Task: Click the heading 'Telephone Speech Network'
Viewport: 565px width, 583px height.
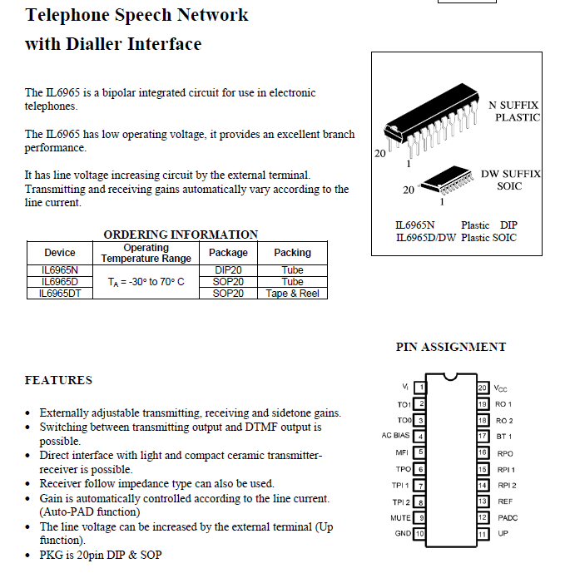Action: point(136,15)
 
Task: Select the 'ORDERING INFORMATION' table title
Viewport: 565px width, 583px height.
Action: point(181,235)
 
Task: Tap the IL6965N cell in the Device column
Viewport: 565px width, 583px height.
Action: point(59,270)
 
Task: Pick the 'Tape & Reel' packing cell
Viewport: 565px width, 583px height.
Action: point(292,294)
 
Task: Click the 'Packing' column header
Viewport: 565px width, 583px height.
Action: point(292,253)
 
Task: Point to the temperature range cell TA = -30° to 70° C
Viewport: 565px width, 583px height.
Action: point(146,282)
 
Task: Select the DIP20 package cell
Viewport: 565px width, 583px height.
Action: point(228,270)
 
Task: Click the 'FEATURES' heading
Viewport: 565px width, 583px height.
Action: point(58,380)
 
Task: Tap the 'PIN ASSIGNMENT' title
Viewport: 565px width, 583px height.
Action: point(450,347)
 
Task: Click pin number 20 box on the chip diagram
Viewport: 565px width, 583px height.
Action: point(482,388)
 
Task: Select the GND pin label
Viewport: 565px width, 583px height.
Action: point(403,533)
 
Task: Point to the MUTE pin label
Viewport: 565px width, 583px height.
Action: point(400,517)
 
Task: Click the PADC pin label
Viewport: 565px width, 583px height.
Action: point(508,517)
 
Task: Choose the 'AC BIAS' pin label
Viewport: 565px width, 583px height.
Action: point(397,436)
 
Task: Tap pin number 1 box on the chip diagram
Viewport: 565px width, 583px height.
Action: point(420,388)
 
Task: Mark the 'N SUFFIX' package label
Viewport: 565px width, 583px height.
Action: point(513,106)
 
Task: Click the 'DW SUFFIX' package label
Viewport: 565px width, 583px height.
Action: point(510,174)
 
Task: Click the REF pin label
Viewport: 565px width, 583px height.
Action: point(504,501)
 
